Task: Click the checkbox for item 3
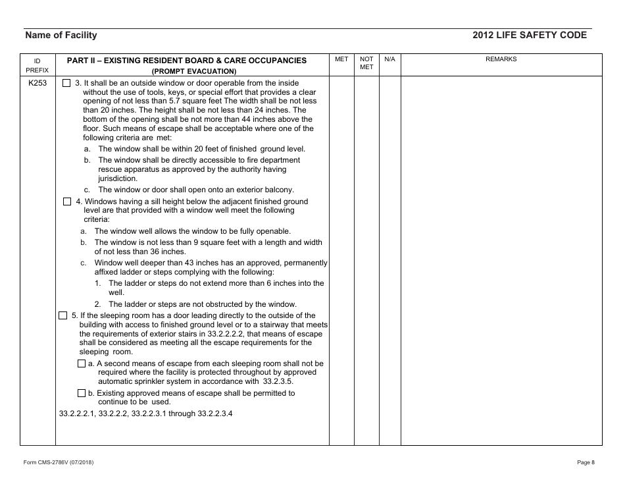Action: tap(66, 84)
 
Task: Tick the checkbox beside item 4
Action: tap(66, 202)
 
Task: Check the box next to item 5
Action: tap(63, 315)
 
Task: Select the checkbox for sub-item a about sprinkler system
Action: tap(81, 363)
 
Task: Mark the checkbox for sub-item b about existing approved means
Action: tap(81, 393)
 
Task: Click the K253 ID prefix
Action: tap(37, 84)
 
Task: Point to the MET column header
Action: tap(341, 59)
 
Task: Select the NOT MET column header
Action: tap(366, 63)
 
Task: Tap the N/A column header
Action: tap(389, 59)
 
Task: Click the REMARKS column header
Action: tap(501, 59)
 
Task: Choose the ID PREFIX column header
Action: tap(37, 65)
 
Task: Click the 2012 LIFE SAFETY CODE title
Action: tap(529, 36)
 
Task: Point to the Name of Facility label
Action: tap(61, 36)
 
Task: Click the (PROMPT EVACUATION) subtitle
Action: tap(193, 71)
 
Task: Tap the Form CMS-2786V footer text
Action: tap(58, 462)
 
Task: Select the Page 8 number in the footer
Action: tap(586, 462)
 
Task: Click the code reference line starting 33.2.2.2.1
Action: tap(145, 414)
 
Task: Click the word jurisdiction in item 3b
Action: tap(118, 178)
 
